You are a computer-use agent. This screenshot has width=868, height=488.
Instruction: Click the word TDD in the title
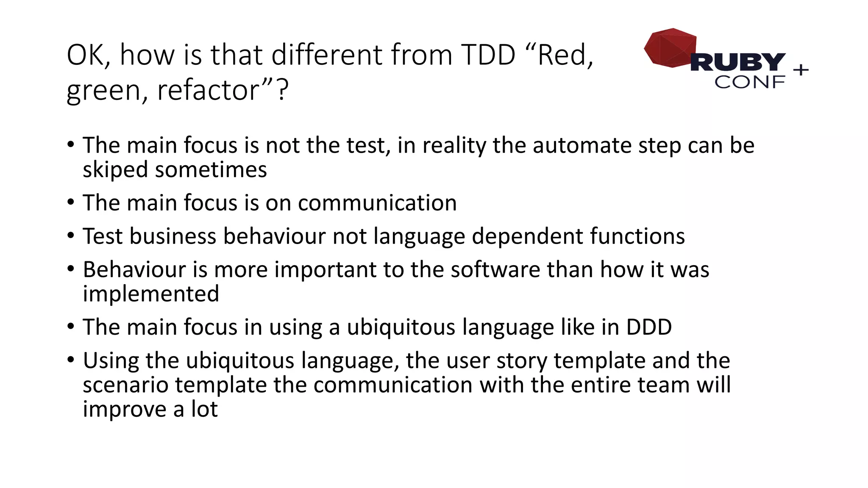click(x=488, y=55)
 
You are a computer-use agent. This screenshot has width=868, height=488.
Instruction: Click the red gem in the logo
click(x=670, y=47)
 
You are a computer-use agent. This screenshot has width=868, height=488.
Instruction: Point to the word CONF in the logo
click(x=749, y=82)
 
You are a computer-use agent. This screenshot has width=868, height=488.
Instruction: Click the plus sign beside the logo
click(x=801, y=70)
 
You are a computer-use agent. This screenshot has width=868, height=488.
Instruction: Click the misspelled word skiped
click(x=115, y=170)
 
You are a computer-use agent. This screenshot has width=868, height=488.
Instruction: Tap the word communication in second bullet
click(x=377, y=203)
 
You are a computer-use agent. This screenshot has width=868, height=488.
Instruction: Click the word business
click(x=173, y=236)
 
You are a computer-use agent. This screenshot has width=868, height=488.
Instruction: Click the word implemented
click(x=151, y=294)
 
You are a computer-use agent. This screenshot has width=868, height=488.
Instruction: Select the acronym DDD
click(x=649, y=327)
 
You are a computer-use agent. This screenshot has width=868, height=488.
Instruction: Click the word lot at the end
click(x=204, y=409)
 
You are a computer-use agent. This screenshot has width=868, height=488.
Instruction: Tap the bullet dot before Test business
click(x=71, y=236)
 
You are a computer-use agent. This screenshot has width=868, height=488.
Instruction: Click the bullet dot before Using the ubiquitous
click(x=71, y=360)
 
